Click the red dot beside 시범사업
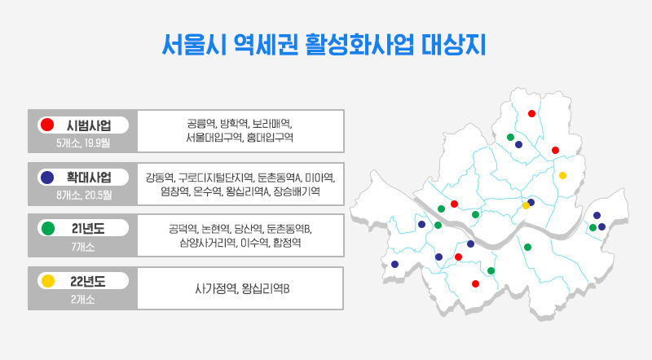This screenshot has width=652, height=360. point(46,125)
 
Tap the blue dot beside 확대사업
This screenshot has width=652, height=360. point(46,177)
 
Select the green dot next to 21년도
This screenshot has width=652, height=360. point(46,228)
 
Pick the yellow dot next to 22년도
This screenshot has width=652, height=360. point(46,281)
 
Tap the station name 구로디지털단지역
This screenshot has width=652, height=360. point(215,177)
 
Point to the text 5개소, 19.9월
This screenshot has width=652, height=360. point(84,143)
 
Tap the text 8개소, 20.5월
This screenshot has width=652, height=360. point(84,195)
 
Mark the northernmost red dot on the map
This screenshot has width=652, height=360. point(531,113)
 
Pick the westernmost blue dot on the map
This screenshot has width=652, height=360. point(395,264)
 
